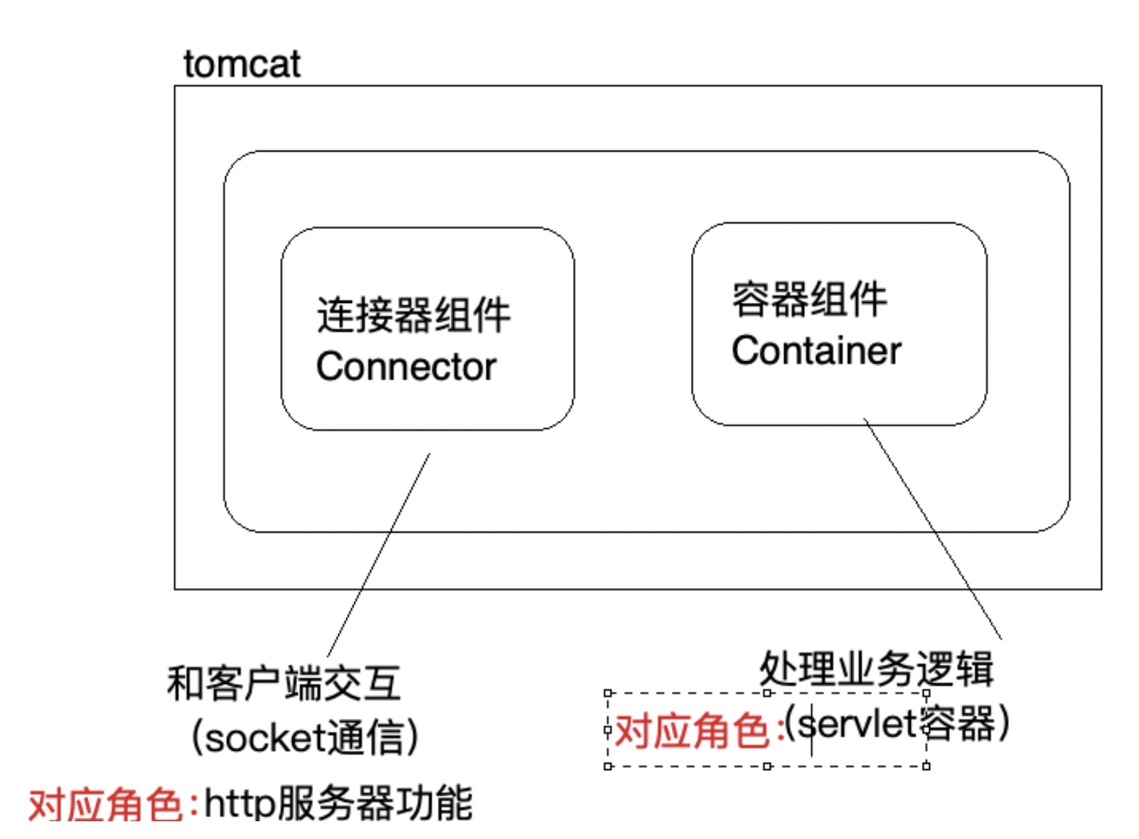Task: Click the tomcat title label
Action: coord(242,64)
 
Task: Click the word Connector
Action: coord(406,367)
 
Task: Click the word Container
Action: coord(816,351)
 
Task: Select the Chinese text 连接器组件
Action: coord(413,315)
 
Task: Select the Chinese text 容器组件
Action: coord(809,299)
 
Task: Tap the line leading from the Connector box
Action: coord(379,555)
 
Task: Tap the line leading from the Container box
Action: coord(933,530)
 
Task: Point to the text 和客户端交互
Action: coord(284,683)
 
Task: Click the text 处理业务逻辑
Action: coord(876,668)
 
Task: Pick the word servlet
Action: coord(857,725)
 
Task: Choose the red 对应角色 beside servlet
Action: coord(692,730)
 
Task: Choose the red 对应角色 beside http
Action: coord(106,806)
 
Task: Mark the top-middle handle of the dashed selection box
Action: coord(766,693)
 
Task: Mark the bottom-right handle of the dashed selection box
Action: coord(926,766)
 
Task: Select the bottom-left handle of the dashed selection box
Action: coord(607,766)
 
